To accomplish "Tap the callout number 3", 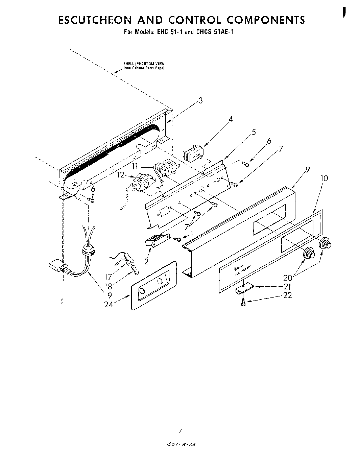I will (200, 100).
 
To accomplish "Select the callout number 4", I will (231, 119).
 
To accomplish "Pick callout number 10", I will (324, 178).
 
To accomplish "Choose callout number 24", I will (109, 304).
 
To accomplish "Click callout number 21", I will (287, 287).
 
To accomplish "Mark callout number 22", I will (287, 295).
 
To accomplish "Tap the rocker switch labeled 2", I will (156, 241).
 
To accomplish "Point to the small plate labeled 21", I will (244, 288).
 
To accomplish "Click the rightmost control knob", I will (326, 243).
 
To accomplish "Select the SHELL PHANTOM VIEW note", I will (143, 66).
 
